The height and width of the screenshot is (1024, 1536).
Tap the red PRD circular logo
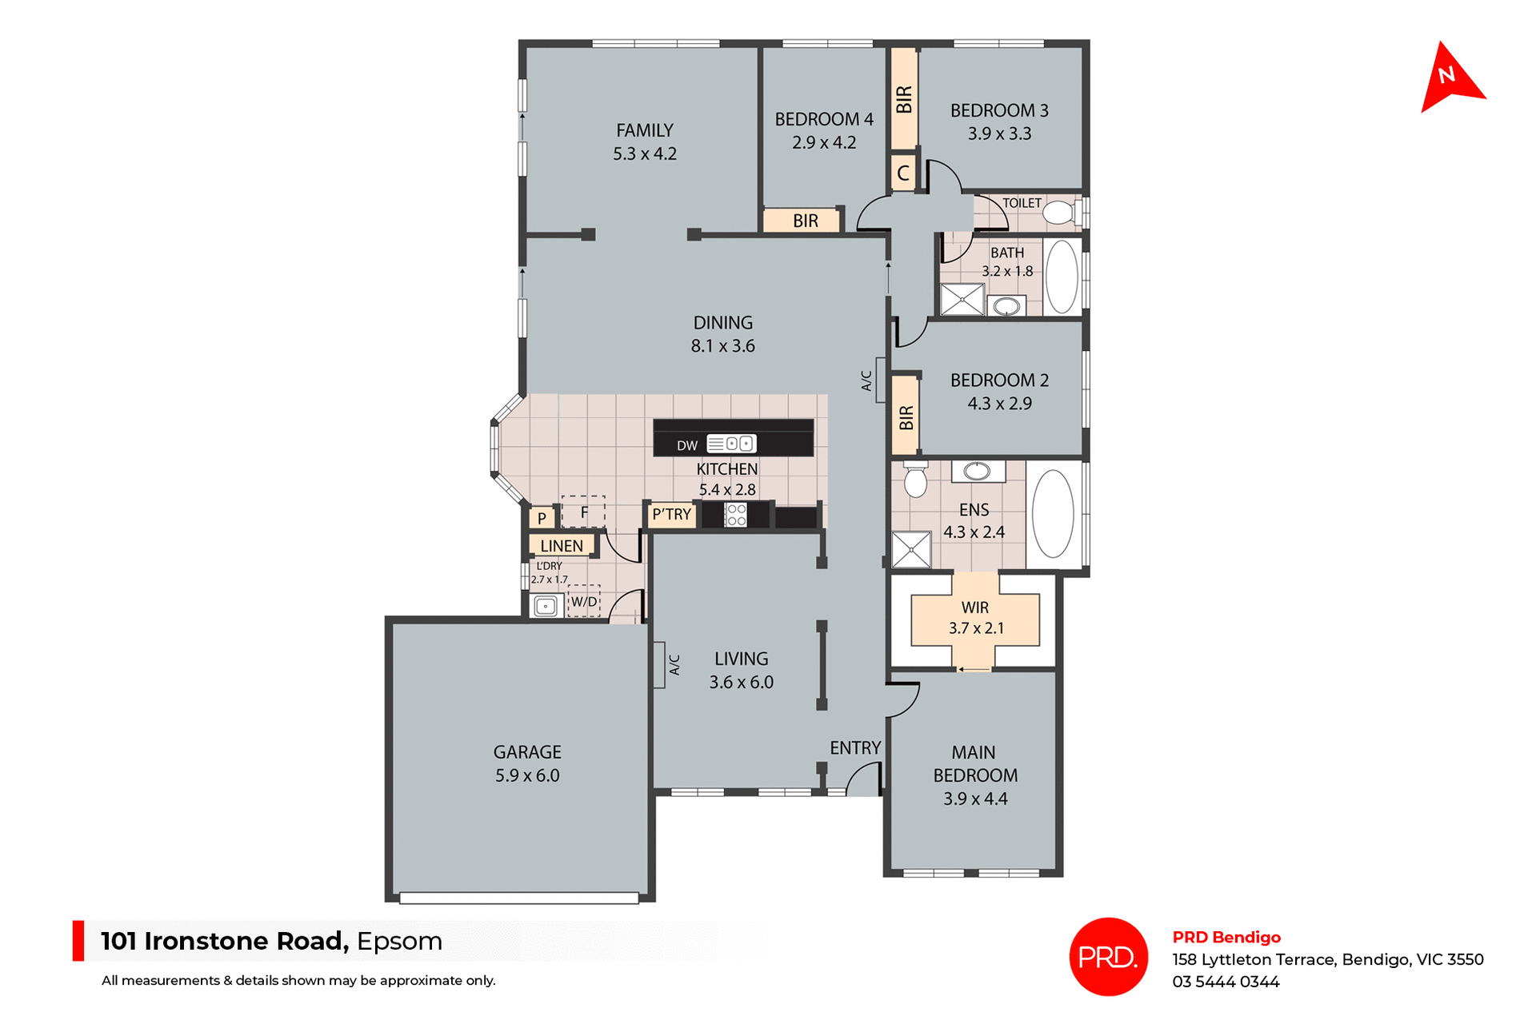pos(1108,956)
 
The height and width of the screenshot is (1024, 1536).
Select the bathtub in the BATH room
pos(1062,277)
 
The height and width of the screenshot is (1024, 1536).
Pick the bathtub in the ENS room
pos(1053,514)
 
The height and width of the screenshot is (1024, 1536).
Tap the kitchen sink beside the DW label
pos(731,444)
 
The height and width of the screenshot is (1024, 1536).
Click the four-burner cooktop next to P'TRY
pos(736,515)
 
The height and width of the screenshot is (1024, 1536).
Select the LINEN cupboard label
pos(562,546)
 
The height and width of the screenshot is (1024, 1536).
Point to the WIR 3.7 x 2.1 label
pos(975,618)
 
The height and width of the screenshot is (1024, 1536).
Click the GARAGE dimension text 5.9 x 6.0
pos(527,775)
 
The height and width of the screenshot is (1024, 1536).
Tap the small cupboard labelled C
pos(903,173)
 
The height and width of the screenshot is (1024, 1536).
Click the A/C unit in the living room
pos(659,664)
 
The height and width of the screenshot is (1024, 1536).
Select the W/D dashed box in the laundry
pos(584,602)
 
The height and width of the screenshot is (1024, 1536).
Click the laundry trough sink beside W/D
pos(546,606)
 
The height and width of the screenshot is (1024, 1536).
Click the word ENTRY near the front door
pos(855,748)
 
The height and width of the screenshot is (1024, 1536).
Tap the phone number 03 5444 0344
pos(1226,982)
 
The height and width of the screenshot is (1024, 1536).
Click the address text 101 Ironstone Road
pos(225,941)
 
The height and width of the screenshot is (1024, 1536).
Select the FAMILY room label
pos(645,130)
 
